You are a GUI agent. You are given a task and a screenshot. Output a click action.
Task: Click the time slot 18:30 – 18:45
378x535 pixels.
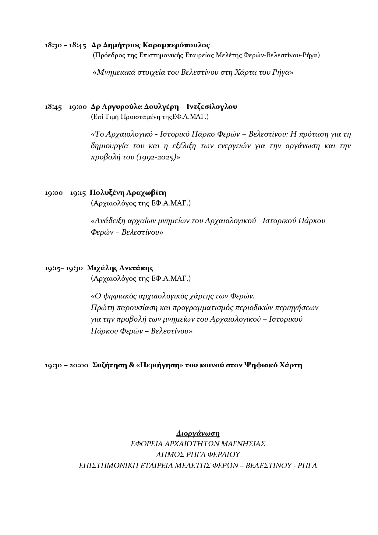tap(65, 45)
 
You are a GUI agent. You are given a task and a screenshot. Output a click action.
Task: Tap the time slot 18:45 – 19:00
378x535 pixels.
tap(65, 107)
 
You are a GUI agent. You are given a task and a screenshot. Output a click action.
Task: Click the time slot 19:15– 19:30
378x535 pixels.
tap(64, 268)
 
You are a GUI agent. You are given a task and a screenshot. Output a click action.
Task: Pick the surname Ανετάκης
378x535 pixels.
tap(136, 268)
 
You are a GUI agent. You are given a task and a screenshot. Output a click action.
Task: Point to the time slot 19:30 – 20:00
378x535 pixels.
tap(66, 365)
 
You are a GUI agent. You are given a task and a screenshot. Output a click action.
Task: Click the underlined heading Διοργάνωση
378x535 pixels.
tap(198, 433)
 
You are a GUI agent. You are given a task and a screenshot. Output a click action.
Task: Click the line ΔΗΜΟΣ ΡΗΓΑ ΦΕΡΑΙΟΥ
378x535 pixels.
tap(198, 455)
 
